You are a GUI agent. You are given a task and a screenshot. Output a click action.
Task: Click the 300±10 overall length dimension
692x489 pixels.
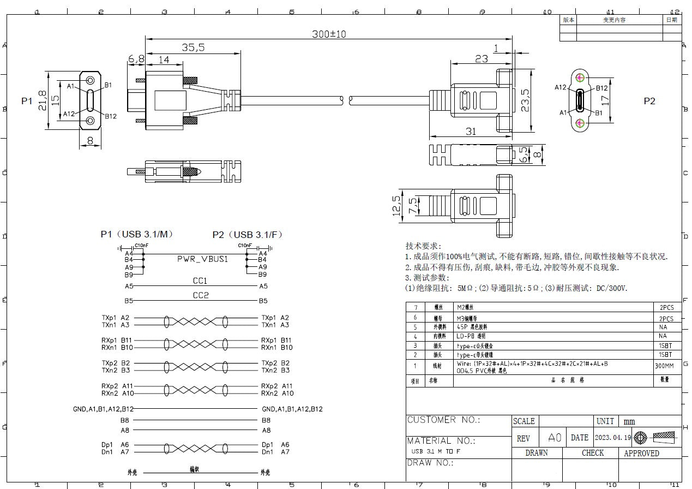pos(329,34)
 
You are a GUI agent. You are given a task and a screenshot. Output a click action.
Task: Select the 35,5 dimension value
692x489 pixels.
pos(193,48)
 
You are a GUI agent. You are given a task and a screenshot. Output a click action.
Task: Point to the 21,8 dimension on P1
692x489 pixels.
pos(43,100)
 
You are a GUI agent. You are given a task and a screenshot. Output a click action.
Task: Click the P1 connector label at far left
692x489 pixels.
pos(27,101)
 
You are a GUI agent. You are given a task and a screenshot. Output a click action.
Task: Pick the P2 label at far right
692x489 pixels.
pos(649,101)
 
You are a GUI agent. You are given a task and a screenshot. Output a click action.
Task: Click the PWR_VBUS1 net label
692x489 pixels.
pos(202,259)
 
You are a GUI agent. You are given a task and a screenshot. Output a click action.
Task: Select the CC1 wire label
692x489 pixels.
pos(200,281)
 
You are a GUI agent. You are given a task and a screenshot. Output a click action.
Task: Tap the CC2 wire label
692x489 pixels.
pos(200,296)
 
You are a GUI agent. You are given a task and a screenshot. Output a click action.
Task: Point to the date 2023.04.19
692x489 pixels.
pos(613,438)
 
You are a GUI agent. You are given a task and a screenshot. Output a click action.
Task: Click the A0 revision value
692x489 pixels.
pos(555,438)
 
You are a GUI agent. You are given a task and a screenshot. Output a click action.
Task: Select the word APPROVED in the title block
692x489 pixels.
pos(641,453)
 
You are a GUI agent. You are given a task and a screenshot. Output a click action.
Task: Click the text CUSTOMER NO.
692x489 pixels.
pos(443,420)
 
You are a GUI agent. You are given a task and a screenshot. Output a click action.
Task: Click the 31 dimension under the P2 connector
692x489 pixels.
pos(471,132)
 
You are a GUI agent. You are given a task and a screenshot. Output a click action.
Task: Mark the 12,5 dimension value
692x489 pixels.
pos(396,206)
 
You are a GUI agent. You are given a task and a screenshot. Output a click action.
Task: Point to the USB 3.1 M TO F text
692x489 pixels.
pos(436,452)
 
